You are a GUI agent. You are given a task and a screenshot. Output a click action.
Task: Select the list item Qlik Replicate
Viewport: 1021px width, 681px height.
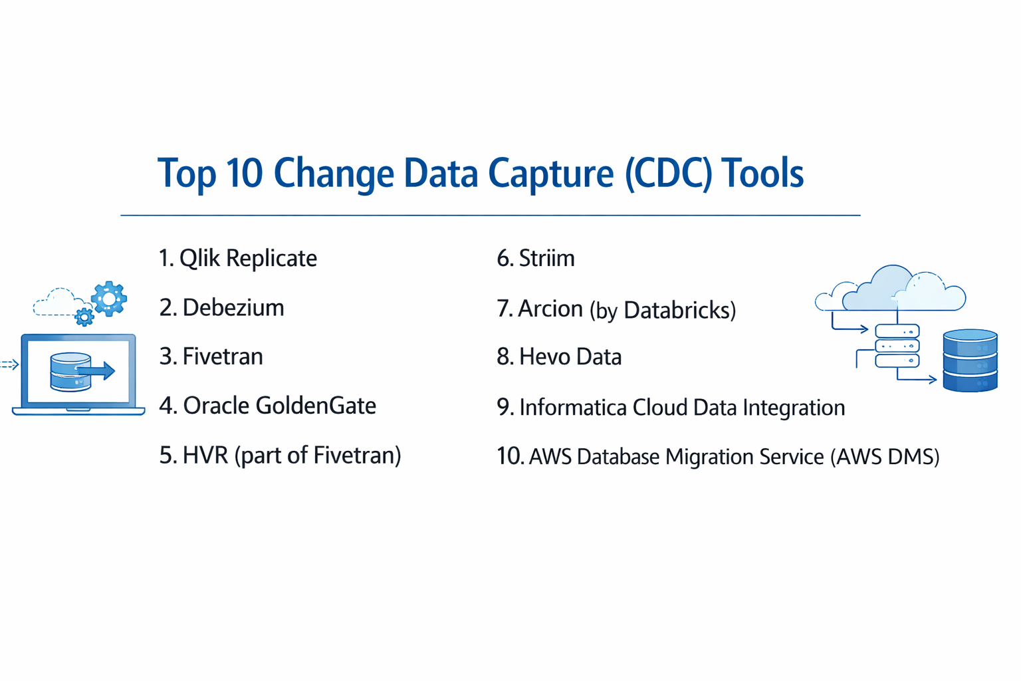[238, 258]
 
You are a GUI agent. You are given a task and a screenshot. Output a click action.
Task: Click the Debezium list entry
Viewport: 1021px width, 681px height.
[222, 307]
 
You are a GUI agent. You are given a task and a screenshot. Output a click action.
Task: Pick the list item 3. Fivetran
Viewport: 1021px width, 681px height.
[211, 356]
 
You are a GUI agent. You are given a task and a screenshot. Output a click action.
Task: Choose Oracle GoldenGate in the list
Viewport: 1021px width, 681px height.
[268, 406]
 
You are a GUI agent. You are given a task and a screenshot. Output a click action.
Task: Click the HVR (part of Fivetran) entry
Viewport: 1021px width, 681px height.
[280, 456]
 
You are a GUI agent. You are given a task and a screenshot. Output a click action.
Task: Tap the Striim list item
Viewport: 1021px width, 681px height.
[536, 258]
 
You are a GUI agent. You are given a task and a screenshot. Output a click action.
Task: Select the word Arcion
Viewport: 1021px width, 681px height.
[550, 309]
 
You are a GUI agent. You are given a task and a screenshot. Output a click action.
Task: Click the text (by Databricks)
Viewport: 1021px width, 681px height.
[663, 310]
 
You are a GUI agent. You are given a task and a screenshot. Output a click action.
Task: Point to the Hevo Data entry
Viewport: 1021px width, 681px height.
[559, 357]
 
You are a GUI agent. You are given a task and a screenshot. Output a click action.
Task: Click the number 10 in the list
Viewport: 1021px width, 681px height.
[509, 457]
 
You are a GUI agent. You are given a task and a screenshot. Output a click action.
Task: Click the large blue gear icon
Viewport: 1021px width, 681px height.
[109, 298]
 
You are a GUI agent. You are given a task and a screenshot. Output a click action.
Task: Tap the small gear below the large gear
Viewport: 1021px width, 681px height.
[84, 317]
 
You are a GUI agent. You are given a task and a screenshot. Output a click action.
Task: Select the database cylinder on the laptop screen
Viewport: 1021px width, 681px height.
[70, 371]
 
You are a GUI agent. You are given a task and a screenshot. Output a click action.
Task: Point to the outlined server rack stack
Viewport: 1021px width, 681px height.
[897, 346]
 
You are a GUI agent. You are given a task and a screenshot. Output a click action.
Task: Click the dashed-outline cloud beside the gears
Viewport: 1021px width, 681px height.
[58, 303]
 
